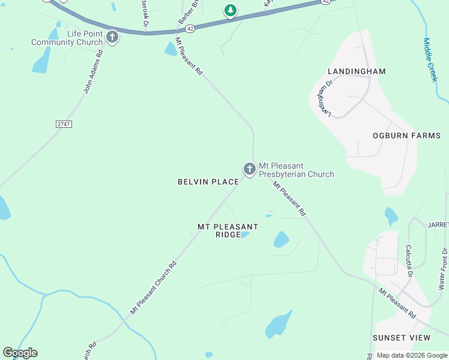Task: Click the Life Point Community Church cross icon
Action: (112, 38)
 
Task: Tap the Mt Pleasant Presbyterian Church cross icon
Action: (249, 169)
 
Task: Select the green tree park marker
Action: (230, 10)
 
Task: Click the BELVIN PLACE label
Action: (208, 182)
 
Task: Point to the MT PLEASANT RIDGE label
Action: (228, 230)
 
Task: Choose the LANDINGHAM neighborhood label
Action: (357, 71)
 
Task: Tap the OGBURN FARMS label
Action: (406, 136)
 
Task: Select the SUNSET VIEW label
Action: (402, 338)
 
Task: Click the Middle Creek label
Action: (431, 60)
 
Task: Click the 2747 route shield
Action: (64, 123)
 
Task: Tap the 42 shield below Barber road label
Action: (190, 28)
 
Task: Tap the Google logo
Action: (20, 353)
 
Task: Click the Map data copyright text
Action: (412, 355)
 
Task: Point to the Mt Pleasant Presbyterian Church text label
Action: (296, 170)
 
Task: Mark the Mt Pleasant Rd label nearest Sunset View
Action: (396, 303)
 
